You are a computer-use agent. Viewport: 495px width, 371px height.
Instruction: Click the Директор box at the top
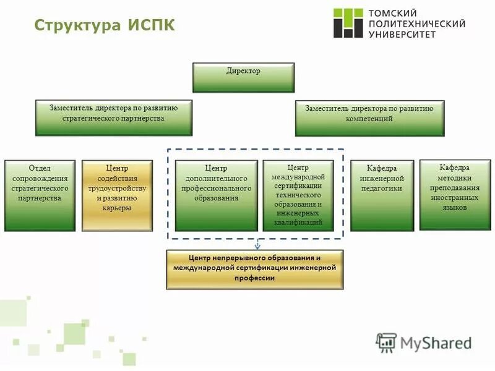click(243, 77)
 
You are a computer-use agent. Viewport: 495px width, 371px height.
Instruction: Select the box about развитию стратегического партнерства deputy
click(114, 117)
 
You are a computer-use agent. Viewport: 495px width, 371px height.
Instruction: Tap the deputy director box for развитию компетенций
click(369, 117)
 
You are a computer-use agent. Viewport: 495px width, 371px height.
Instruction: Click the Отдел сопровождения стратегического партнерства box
click(40, 195)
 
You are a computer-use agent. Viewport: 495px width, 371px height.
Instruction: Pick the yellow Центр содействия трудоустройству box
click(118, 195)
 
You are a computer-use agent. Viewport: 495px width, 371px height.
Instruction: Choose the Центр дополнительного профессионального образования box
click(217, 195)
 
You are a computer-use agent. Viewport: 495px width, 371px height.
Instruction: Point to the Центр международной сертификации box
click(298, 195)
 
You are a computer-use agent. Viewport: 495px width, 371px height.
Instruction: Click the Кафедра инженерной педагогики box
click(382, 195)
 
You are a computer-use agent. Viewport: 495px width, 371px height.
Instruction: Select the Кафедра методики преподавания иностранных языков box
click(455, 194)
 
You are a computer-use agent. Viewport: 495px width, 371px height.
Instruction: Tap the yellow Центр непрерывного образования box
click(254, 269)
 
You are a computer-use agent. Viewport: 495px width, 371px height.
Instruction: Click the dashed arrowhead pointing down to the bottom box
click(257, 245)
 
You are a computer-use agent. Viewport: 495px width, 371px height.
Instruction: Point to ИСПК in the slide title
click(152, 25)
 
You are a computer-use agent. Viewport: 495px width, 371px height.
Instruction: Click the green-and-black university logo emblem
click(348, 23)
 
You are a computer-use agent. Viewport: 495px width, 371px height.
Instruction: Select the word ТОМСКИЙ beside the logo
click(392, 12)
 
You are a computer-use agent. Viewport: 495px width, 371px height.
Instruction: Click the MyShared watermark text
click(436, 343)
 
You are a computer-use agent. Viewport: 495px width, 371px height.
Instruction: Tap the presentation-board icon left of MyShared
click(386, 343)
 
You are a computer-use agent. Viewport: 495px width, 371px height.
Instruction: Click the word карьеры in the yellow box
click(118, 208)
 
